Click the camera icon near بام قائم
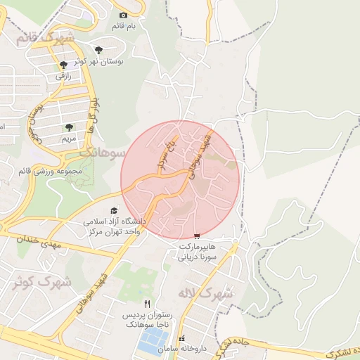pos(124,15)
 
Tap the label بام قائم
pos(124,26)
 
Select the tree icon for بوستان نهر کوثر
pos(99,49)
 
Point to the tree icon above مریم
pos(68,127)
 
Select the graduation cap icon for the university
pos(114,210)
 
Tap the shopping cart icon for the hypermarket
pos(197,237)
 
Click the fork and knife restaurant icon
pos(147,304)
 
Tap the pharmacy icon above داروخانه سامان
pos(181,339)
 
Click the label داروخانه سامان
pos(181,349)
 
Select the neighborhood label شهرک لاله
pos(205,292)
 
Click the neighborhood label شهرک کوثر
pos(43,283)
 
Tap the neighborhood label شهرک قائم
pos(39,37)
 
